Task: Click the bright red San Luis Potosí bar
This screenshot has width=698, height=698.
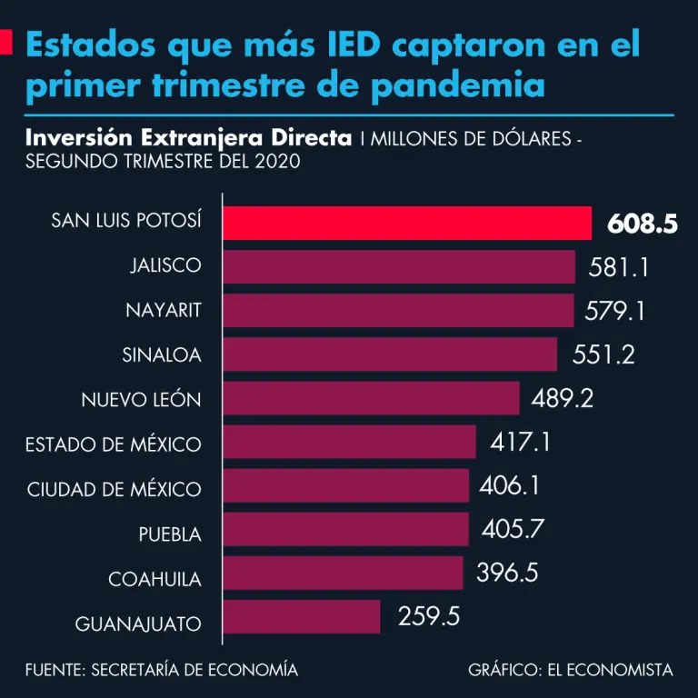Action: pyautogui.click(x=406, y=223)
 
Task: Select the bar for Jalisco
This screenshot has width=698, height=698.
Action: pyautogui.click(x=399, y=266)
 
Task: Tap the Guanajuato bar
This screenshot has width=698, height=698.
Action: pyautogui.click(x=301, y=616)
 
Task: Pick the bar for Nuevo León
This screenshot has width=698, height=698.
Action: pyautogui.click(x=371, y=398)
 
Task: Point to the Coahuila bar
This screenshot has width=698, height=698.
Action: pyautogui.click(x=343, y=573)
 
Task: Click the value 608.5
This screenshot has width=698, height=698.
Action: pyautogui.click(x=642, y=224)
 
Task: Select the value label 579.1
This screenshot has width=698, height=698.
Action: pyautogui.click(x=614, y=311)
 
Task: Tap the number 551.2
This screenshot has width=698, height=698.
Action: pyautogui.click(x=603, y=354)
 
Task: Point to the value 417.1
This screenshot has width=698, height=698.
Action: pyautogui.click(x=520, y=443)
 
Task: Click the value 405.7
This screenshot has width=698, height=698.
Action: pyautogui.click(x=512, y=529)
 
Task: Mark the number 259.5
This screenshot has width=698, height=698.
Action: pyautogui.click(x=429, y=616)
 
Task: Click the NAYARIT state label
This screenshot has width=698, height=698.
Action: pyautogui.click(x=164, y=311)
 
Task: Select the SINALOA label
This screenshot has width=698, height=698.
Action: pyautogui.click(x=162, y=355)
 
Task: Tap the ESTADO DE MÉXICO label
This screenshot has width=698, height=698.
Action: pyautogui.click(x=114, y=444)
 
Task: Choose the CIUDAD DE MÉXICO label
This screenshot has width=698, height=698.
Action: pyautogui.click(x=115, y=489)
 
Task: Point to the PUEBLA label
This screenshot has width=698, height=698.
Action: pyautogui.click(x=170, y=533)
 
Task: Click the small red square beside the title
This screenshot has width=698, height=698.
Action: pyautogui.click(x=6, y=43)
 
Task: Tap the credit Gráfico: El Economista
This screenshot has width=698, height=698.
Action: pyautogui.click(x=571, y=670)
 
